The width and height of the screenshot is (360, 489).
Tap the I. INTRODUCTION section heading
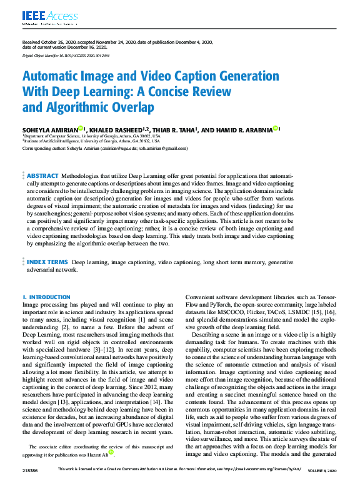(x=47, y=297)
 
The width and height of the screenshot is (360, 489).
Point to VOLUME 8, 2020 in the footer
(x=323, y=485)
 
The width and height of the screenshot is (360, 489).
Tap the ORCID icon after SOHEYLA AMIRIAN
(x=81, y=128)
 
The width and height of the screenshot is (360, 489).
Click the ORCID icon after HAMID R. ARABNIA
(x=276, y=128)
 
